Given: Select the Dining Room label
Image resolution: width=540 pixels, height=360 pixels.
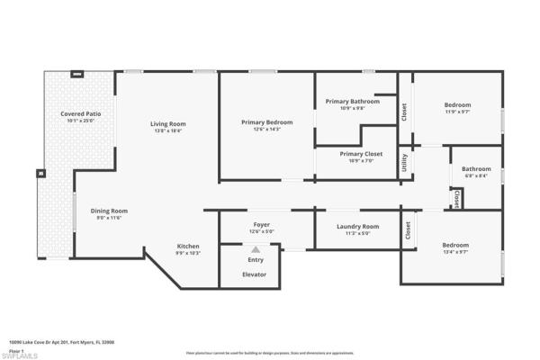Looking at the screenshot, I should coord(109,211).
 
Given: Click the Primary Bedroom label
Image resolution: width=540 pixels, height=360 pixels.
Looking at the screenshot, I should coord(267,121).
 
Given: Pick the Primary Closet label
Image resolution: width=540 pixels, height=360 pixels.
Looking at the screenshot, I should coord(361,154).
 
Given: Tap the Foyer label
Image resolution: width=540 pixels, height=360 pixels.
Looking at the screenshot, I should coord(261,224).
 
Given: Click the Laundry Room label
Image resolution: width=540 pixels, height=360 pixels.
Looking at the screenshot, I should coord(358,226).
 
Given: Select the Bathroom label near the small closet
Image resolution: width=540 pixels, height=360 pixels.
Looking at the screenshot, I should coord(477,169).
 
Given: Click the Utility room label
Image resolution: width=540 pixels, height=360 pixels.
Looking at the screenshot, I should coord(405,162).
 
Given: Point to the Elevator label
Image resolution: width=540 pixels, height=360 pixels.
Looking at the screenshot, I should coord(255,274).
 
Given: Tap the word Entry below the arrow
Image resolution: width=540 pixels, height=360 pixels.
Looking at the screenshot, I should coord(256,260).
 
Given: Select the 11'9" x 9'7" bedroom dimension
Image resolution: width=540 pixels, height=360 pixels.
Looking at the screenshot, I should coord(457,112).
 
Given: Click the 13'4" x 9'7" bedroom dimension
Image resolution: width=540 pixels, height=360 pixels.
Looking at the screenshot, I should coord(454,253).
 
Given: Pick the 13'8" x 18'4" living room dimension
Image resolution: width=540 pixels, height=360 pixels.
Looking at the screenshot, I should coord(167,130).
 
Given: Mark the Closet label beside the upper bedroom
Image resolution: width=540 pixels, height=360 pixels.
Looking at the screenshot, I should coord(405,112).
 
